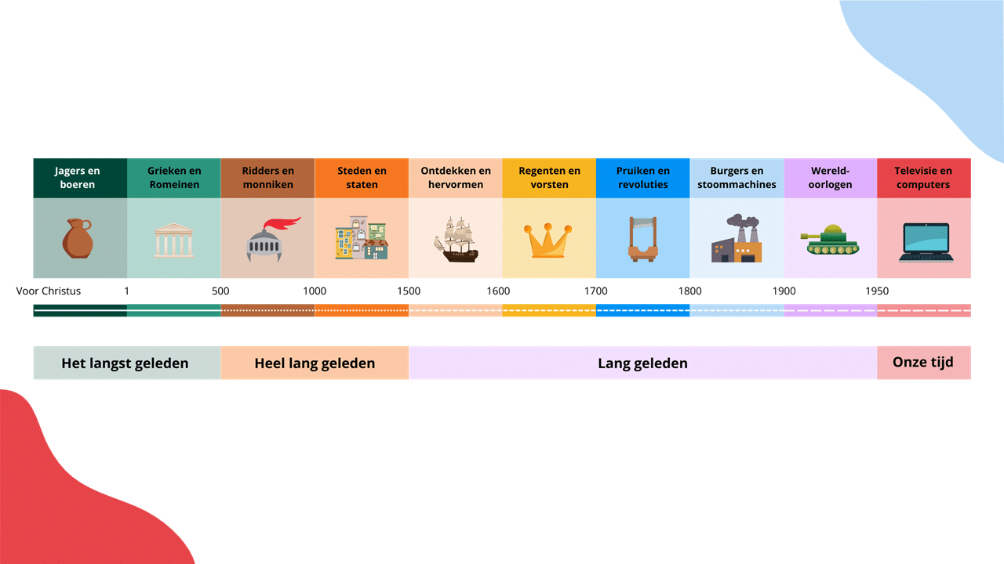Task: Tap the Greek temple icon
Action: [174, 240]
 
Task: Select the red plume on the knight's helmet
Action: [282, 223]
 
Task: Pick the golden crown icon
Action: [547, 240]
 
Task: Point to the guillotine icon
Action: [642, 239]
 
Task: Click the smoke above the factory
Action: [743, 222]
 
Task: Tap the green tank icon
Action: [830, 240]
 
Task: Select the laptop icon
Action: [926, 242]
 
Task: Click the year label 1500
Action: [409, 291]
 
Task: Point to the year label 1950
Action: [877, 291]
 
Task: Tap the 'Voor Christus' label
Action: [49, 291]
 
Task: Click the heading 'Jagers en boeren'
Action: [77, 178]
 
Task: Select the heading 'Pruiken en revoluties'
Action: [642, 178]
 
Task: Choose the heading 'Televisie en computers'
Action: [923, 178]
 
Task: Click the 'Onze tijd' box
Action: [924, 363]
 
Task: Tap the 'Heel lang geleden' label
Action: [315, 363]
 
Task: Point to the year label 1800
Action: [689, 291]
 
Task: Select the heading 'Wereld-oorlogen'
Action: [830, 178]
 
